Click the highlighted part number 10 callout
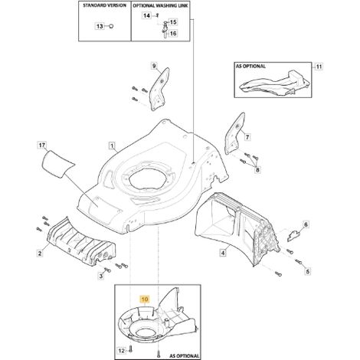point(145,299)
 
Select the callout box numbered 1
point(112,146)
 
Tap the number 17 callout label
point(42,146)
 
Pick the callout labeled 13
point(100,26)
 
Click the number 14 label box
point(146,15)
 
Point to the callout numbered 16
point(173,34)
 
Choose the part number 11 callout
point(319,67)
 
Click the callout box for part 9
point(154,66)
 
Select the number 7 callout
point(247,137)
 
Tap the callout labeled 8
point(257,169)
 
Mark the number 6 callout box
point(306,224)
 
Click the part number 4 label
point(223,253)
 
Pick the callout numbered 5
point(308,271)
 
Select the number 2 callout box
point(40,254)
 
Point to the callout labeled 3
point(101,276)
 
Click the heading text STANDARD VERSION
point(104,5)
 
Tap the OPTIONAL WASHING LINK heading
point(161,5)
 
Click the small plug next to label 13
point(111,26)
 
